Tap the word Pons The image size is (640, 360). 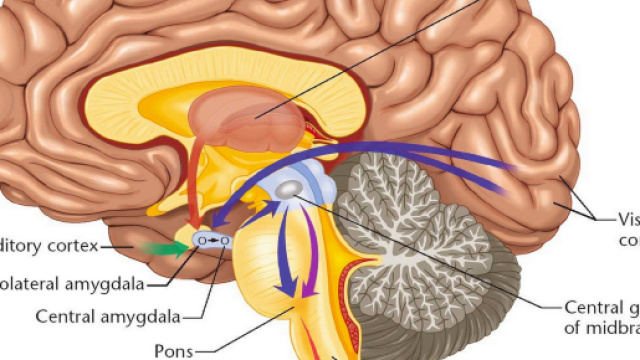pyautogui.click(x=173, y=351)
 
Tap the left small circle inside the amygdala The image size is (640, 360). pyautogui.click(x=203, y=241)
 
